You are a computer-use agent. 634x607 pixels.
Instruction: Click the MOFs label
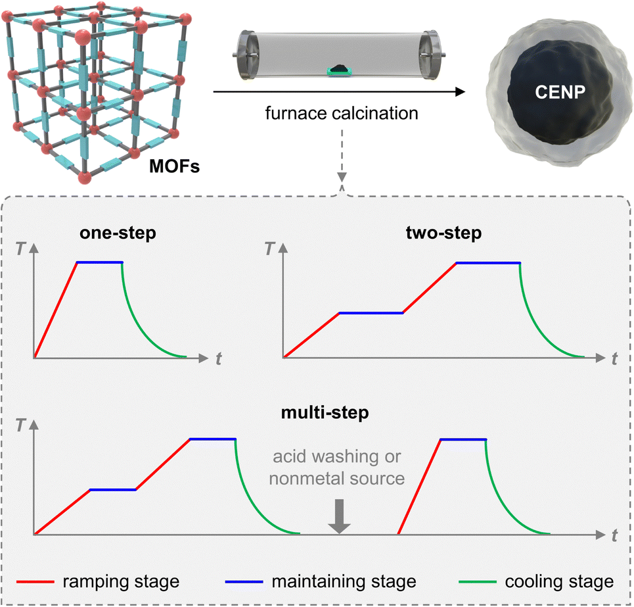click(x=174, y=166)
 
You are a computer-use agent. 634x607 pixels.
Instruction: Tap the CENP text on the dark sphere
click(x=560, y=92)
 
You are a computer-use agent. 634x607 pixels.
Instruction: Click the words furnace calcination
click(x=342, y=113)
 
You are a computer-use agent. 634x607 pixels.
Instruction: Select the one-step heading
click(x=118, y=233)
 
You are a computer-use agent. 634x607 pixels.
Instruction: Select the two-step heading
click(x=443, y=233)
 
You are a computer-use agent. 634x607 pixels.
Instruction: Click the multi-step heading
click(x=325, y=413)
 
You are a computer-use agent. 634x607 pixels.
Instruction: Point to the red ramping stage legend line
click(x=35, y=581)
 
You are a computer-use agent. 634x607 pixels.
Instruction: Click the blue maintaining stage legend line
click(x=244, y=581)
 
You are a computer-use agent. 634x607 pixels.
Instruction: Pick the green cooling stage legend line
click(x=478, y=581)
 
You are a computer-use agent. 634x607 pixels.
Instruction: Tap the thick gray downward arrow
click(x=339, y=516)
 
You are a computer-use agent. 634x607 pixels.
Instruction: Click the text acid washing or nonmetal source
click(x=337, y=468)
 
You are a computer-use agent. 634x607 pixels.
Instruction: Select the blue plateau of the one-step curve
click(x=99, y=262)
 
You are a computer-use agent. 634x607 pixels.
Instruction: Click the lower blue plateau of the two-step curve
click(x=371, y=313)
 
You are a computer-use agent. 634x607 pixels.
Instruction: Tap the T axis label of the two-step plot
click(x=269, y=249)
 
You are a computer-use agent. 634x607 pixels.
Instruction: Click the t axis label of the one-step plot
click(x=218, y=358)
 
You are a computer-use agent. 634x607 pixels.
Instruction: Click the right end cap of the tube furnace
click(x=430, y=55)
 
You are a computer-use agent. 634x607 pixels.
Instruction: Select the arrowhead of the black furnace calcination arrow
click(x=460, y=92)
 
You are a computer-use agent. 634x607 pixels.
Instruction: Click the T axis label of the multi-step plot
click(x=20, y=425)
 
